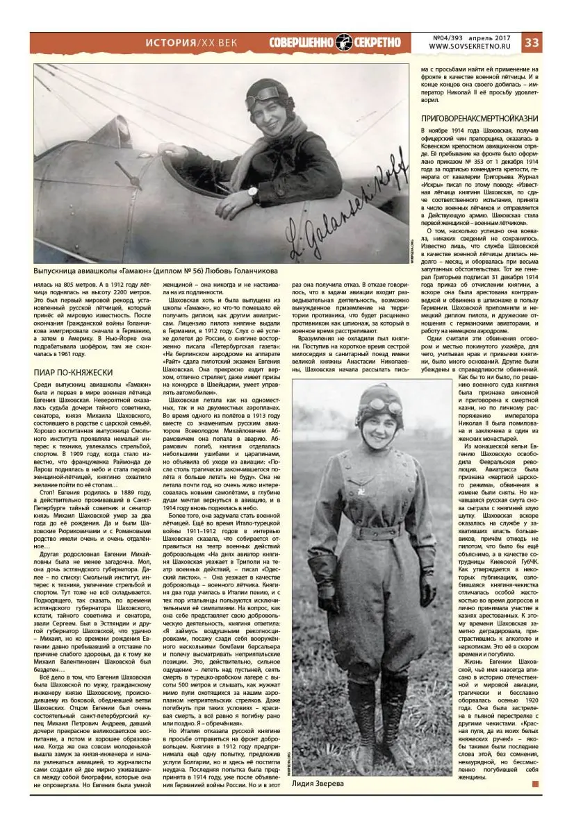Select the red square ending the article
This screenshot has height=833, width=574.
pos(534,784)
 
